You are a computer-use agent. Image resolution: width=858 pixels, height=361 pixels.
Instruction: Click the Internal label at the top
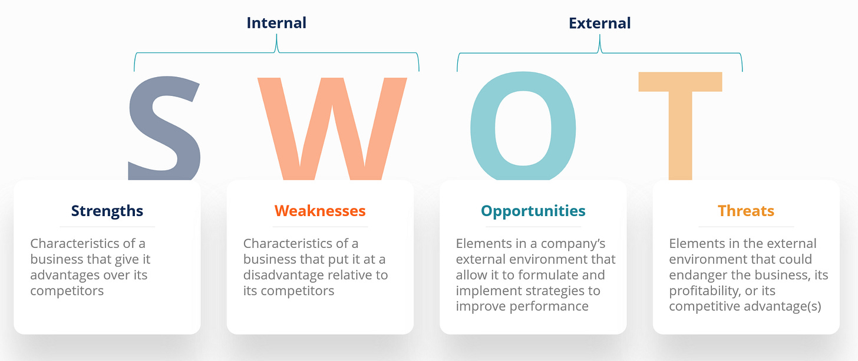[276, 23]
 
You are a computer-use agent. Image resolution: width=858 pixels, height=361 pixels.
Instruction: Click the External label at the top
[599, 23]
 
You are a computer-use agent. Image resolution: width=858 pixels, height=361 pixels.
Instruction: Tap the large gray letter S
[165, 127]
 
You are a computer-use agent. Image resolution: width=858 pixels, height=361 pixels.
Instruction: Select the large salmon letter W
[332, 127]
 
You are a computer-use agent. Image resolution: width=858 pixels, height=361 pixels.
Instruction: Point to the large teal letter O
[523, 127]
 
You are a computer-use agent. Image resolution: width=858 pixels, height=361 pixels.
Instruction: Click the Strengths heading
[107, 210]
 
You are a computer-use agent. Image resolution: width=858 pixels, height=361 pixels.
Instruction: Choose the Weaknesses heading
[320, 210]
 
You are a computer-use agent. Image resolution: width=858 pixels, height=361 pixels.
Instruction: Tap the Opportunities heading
[533, 210]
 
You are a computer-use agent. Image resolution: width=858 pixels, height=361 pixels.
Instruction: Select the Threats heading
[746, 210]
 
